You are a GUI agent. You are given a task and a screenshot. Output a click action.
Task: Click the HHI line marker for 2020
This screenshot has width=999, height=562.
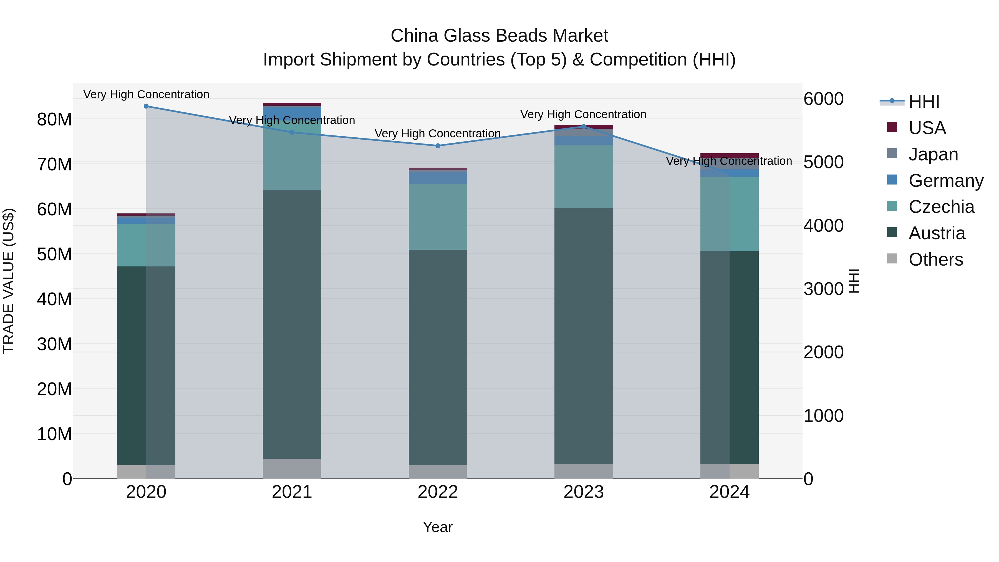click(x=146, y=106)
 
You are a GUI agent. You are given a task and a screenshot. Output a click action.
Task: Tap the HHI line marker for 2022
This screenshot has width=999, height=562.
click(x=438, y=146)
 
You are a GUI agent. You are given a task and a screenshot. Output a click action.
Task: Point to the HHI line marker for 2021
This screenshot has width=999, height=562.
click(x=292, y=132)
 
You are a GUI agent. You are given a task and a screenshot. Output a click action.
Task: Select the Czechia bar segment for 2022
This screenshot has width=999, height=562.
click(x=438, y=217)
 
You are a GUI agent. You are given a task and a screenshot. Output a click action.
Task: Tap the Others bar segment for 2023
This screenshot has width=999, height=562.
click(x=584, y=471)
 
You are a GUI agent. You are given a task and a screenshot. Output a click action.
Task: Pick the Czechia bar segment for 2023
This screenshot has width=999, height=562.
click(x=584, y=177)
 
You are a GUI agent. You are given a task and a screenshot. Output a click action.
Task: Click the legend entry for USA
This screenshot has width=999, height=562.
click(x=927, y=128)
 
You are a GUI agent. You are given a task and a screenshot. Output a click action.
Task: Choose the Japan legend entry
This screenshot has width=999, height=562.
click(x=933, y=154)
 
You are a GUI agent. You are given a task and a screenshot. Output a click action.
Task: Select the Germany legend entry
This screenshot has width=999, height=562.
click(x=945, y=181)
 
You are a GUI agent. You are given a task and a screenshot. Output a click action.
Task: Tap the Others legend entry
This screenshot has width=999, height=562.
click(x=935, y=259)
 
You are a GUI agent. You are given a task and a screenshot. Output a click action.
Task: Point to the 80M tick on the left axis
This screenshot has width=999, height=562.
click(x=54, y=119)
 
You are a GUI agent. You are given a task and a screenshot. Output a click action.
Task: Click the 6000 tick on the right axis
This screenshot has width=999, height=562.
click(x=823, y=99)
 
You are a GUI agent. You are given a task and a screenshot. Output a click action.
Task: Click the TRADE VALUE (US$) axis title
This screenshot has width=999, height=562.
click(x=9, y=281)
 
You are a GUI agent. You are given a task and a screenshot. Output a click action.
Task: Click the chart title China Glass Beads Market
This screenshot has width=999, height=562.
click(x=499, y=36)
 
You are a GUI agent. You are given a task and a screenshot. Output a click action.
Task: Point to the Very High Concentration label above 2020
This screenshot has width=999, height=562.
click(x=146, y=94)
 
